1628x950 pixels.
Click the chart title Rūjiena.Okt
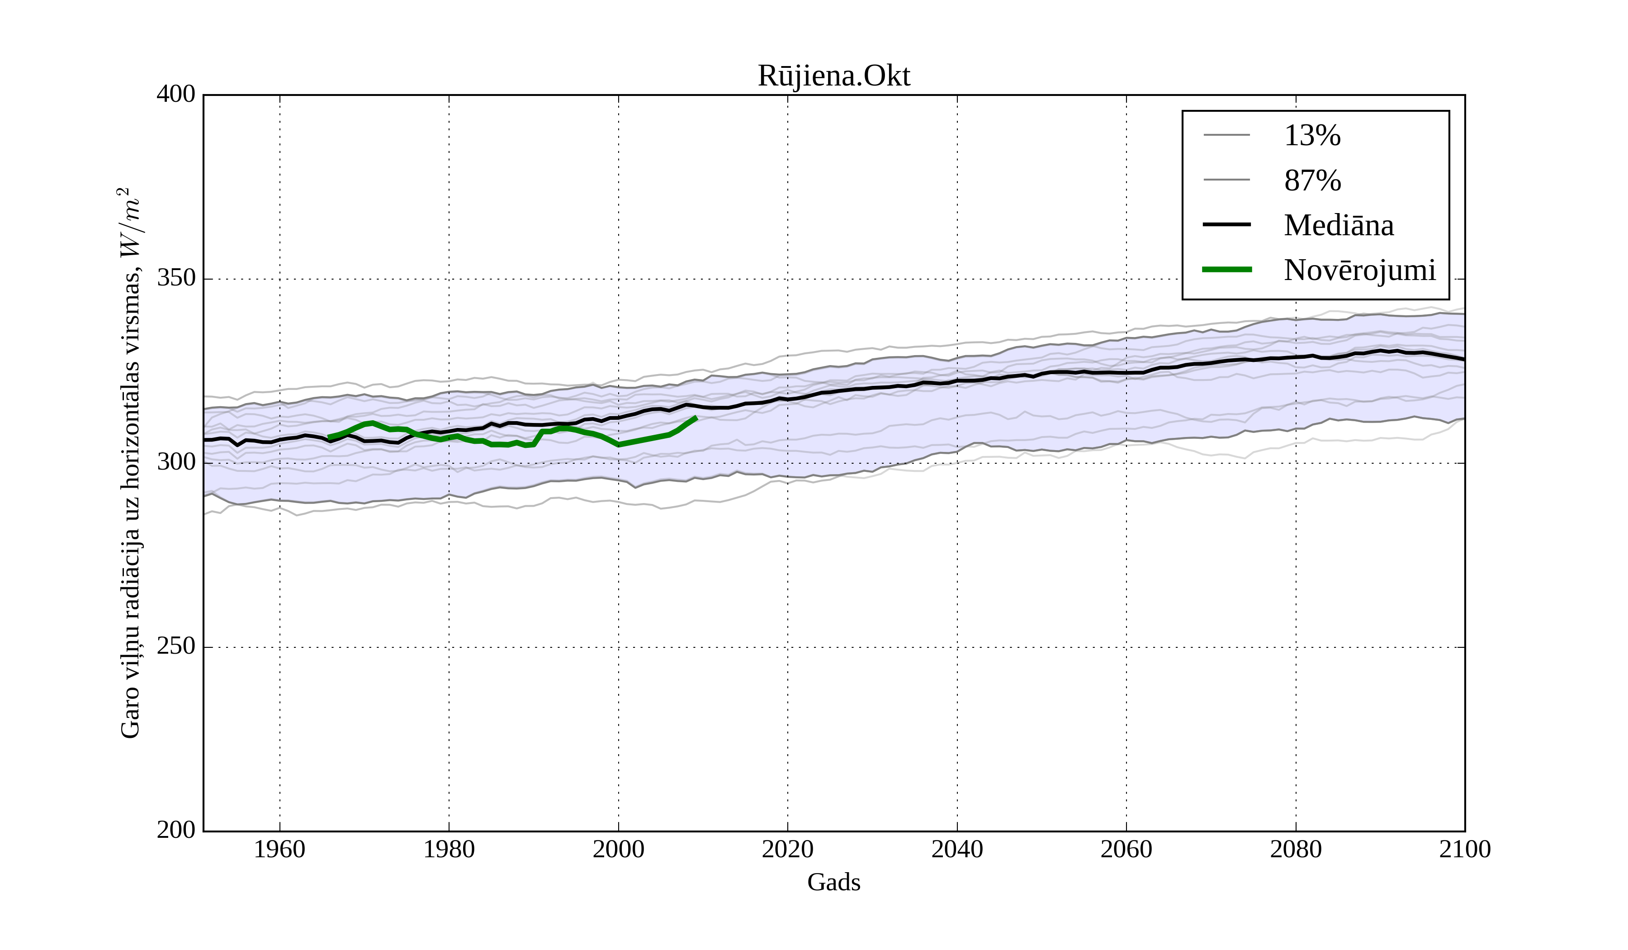833,76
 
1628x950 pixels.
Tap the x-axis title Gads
833,882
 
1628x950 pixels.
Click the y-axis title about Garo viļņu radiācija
130,463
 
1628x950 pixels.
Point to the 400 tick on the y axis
176,95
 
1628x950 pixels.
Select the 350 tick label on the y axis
176,279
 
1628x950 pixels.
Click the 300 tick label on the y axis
176,463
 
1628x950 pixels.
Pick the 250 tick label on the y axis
176,646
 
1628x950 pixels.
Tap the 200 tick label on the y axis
176,831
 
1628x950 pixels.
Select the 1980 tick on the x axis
449,849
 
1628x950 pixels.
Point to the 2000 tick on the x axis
618,849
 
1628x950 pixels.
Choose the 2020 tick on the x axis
787,849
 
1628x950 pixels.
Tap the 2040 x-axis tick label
957,849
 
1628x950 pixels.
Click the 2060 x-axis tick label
1126,849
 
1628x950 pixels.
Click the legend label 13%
1312,136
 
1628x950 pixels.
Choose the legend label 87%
1312,180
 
